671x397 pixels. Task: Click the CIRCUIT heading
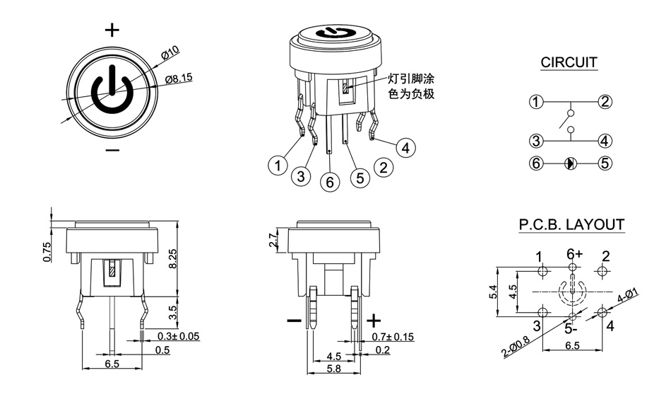569,62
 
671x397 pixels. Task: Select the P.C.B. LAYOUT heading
571,225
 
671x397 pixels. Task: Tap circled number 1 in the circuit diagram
536,102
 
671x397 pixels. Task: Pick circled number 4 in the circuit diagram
605,140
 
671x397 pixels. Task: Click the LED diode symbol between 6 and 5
571,163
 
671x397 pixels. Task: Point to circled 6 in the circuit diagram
536,163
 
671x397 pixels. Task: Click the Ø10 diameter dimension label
170,52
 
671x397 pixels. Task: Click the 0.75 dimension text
47,253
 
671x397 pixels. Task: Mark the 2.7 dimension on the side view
275,241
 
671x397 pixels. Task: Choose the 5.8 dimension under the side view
333,369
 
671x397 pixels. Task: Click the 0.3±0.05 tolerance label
178,336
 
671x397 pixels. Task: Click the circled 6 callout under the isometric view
330,182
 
